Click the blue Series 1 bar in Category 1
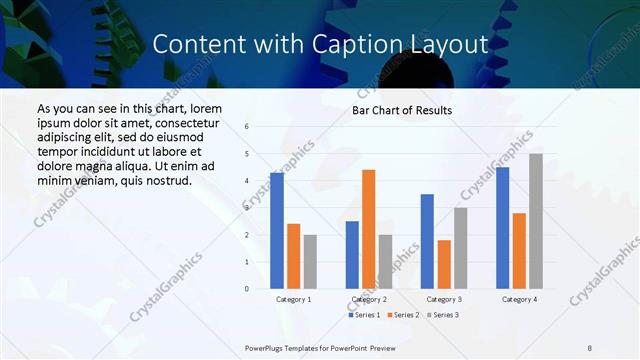pyautogui.click(x=277, y=231)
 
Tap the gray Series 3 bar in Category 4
pyautogui.click(x=536, y=221)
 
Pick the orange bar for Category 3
pyautogui.click(x=444, y=264)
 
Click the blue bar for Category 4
pyautogui.click(x=502, y=228)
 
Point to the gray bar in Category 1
pyautogui.click(x=310, y=262)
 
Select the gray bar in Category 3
pyautogui.click(x=460, y=248)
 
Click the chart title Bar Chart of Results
pyautogui.click(x=402, y=110)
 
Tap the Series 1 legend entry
pyautogui.click(x=364, y=315)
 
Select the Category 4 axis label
pyautogui.click(x=518, y=299)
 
